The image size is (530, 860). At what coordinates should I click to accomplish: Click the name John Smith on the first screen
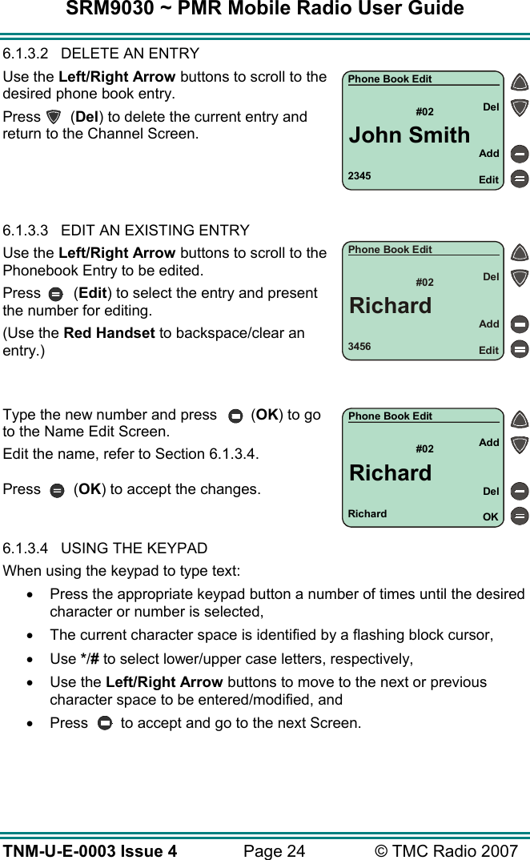click(x=409, y=135)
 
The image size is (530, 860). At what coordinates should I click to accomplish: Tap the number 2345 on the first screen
click(x=359, y=175)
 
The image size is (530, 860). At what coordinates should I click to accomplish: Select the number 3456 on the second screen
click(x=359, y=347)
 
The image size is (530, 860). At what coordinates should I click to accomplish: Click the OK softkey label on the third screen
click(x=490, y=517)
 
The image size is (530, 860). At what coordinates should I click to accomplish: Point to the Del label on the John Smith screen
click(x=491, y=106)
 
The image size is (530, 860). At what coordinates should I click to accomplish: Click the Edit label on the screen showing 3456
click(x=488, y=351)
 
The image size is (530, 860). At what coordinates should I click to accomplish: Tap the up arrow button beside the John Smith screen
click(x=520, y=82)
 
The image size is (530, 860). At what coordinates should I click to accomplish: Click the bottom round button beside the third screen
click(x=520, y=516)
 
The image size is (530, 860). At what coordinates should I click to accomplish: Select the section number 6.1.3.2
click(x=27, y=54)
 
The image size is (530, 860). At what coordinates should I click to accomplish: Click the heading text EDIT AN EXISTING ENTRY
click(x=155, y=231)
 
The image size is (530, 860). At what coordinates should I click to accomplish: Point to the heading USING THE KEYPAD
click(x=134, y=549)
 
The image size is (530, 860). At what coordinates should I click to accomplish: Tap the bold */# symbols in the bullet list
click(x=89, y=659)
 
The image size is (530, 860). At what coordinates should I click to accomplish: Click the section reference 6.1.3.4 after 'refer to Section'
click(x=233, y=454)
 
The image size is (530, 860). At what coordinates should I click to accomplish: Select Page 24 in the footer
click(x=274, y=850)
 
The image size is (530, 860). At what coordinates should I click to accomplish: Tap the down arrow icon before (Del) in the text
click(x=54, y=117)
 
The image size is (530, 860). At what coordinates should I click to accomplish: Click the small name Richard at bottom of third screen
click(x=367, y=514)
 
